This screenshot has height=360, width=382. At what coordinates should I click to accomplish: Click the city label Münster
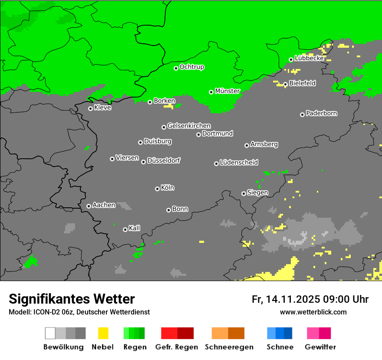point(227,91)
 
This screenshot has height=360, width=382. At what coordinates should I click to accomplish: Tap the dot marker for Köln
point(157,189)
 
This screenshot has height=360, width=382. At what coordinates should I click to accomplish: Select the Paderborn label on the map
point(321,114)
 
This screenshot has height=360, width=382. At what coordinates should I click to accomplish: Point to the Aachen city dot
point(89,206)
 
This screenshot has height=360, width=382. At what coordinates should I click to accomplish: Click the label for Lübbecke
point(309,58)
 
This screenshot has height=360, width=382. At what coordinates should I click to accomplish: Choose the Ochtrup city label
point(192,67)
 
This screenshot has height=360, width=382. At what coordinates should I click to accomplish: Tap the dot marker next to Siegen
point(244,193)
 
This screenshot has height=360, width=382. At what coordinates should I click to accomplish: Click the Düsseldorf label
point(164,160)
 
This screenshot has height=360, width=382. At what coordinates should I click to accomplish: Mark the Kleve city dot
point(90,108)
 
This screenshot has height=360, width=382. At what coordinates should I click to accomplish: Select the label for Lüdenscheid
point(239,163)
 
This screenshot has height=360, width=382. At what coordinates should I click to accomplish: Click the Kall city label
point(135,228)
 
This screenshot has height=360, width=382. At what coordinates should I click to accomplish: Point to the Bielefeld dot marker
point(285,84)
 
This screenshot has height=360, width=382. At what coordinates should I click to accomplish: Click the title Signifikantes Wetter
point(72,299)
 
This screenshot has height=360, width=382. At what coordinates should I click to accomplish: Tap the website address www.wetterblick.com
point(313,312)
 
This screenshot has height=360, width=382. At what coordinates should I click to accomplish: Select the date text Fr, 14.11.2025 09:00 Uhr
point(310,299)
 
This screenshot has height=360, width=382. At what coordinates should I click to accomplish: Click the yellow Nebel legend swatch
point(103,333)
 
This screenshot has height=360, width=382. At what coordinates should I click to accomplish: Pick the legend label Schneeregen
point(229,347)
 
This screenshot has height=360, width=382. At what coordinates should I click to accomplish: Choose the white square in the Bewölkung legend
point(50,333)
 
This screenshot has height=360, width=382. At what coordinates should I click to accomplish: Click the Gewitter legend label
point(320,347)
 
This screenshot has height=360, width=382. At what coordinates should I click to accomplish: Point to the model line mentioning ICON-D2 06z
point(79,312)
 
